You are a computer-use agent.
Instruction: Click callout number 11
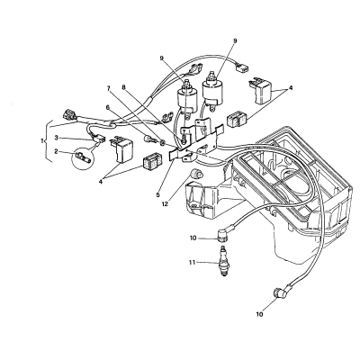(x=192, y=262)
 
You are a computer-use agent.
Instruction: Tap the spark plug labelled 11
(x=223, y=261)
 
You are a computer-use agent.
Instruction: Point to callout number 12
(x=166, y=204)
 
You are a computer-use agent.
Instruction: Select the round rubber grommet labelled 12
(x=197, y=173)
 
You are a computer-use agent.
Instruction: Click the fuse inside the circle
(x=82, y=157)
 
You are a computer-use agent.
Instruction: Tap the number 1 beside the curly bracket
(x=42, y=140)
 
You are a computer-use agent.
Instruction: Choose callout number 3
(x=57, y=138)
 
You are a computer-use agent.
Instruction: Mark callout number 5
(x=158, y=194)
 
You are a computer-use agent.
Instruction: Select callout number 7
(x=109, y=88)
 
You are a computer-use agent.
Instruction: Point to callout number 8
(x=123, y=87)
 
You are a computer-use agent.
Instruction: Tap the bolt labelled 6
(x=149, y=139)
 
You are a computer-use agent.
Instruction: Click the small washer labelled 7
(x=162, y=141)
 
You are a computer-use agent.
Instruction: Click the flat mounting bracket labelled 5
(x=196, y=142)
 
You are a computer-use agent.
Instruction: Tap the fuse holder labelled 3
(x=100, y=139)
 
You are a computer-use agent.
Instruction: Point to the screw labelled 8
(x=182, y=139)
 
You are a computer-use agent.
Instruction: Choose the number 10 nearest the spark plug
(x=193, y=238)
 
